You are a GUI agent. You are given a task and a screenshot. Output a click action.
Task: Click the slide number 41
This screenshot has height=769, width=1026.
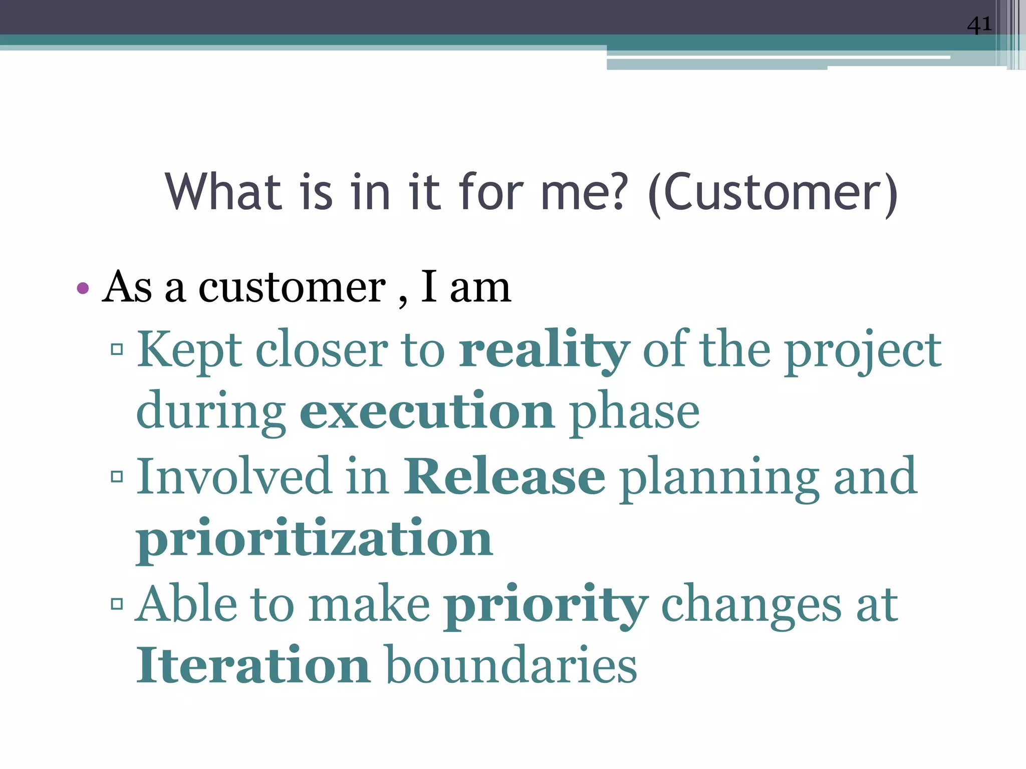click(979, 25)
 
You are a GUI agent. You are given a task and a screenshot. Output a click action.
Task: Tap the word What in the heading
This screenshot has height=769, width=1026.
click(223, 192)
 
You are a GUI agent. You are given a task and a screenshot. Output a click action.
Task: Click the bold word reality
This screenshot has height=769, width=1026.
click(544, 350)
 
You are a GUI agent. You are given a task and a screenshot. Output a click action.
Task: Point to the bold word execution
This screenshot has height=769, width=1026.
click(427, 412)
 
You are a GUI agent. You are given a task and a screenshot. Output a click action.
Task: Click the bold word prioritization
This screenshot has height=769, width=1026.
click(315, 540)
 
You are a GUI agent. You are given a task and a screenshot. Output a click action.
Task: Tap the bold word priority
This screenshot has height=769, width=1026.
click(546, 605)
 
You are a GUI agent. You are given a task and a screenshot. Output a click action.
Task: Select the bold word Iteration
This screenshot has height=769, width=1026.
click(253, 666)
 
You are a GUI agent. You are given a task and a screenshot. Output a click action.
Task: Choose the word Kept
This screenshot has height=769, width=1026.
click(190, 350)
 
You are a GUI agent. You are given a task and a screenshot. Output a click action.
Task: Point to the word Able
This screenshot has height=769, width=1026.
click(187, 604)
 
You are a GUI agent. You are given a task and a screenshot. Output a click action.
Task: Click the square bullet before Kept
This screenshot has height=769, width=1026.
click(117, 349)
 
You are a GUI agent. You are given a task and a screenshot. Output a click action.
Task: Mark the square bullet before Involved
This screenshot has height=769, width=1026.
click(117, 476)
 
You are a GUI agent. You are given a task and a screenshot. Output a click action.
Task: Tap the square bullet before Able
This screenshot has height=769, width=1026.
click(117, 604)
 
